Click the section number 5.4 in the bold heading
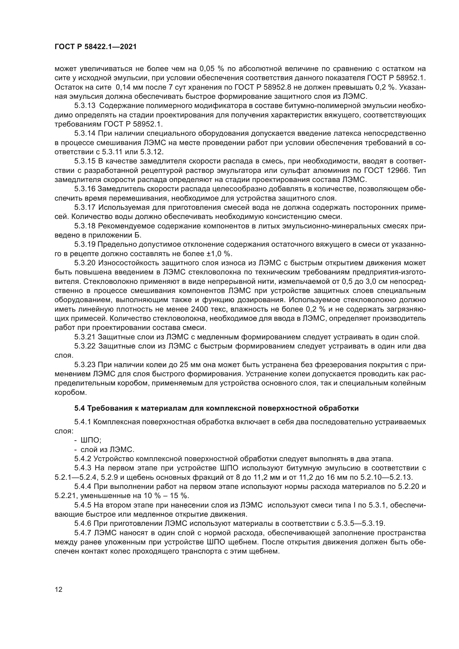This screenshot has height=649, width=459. tap(80, 408)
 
